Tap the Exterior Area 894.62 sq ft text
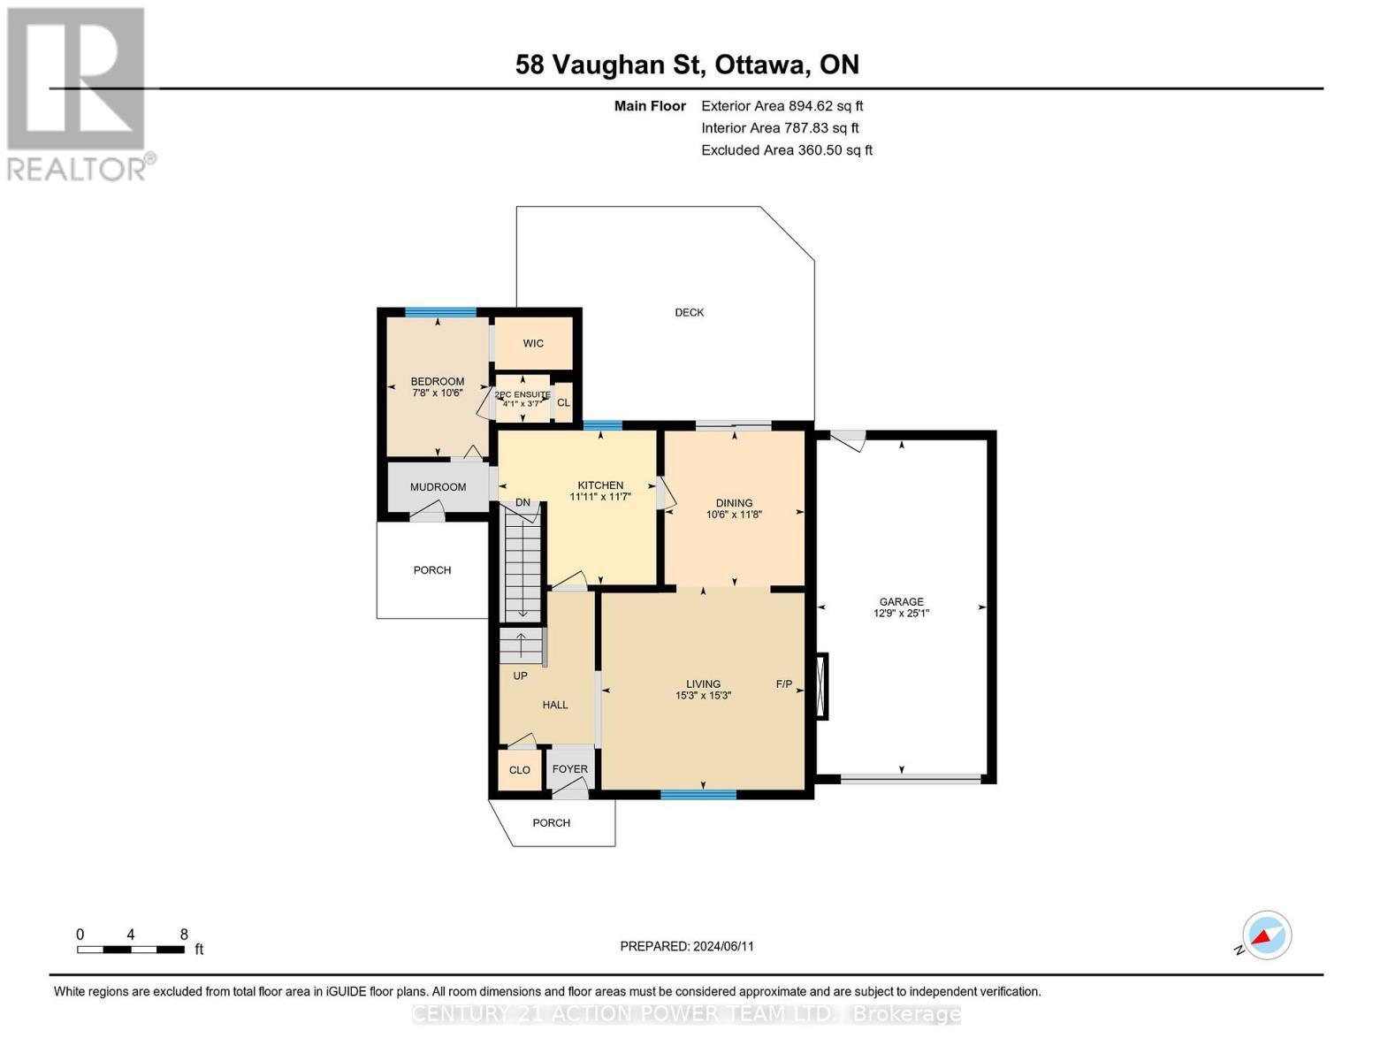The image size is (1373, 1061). [x=782, y=106]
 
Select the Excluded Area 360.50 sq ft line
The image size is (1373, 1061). [x=786, y=150]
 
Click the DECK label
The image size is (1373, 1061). [x=689, y=312]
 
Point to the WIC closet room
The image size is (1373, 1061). [x=533, y=343]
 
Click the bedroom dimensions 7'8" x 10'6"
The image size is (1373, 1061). [x=437, y=393]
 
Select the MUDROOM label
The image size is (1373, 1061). [x=438, y=487]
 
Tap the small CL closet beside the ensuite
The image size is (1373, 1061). [x=563, y=403]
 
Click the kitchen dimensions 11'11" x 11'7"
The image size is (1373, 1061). [x=600, y=497]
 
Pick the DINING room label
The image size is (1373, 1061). [x=734, y=502]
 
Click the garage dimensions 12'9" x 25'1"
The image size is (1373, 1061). [x=901, y=614]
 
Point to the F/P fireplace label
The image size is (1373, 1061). [x=784, y=683]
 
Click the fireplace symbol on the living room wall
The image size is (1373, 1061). [x=822, y=686]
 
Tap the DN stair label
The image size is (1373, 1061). [x=523, y=503]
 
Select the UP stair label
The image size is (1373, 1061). [x=520, y=676]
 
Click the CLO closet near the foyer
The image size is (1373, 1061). [x=520, y=770]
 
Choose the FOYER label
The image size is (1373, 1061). [x=569, y=769]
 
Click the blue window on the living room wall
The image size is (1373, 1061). [x=698, y=795]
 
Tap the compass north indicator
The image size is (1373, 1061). [x=1266, y=935]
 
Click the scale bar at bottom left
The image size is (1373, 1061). [x=131, y=950]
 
